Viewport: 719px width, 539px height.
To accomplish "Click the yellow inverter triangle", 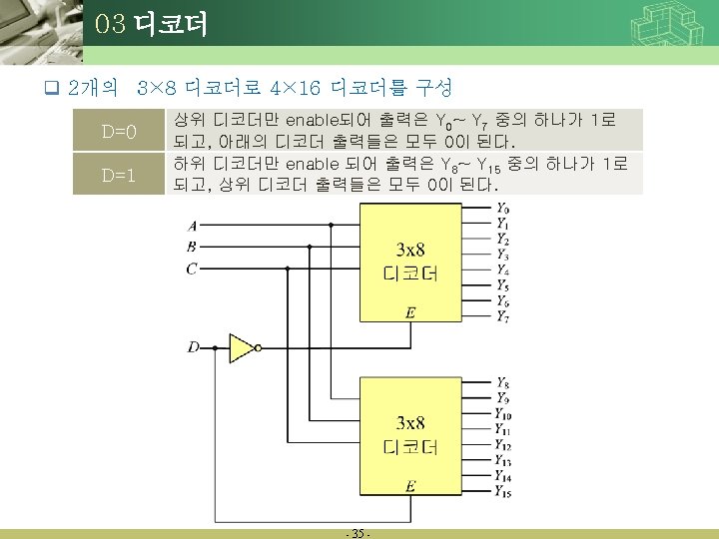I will [x=241, y=347].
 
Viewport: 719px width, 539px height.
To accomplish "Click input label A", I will [x=192, y=225].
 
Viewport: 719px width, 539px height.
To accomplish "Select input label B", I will [x=192, y=246].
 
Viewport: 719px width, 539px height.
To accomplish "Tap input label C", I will [x=192, y=268].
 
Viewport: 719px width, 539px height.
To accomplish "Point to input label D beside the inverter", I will [x=192, y=347].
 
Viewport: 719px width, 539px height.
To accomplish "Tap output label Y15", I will [x=503, y=492].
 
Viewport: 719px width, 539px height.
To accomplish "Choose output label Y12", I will [x=503, y=445].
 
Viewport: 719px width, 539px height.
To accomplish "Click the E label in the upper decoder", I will [x=410, y=313].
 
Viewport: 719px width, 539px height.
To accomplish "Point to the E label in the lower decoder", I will [x=410, y=487].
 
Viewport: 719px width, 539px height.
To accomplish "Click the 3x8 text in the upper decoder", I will [x=410, y=249].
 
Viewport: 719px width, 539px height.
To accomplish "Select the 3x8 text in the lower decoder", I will [x=410, y=421].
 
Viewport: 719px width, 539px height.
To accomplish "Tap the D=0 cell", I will [x=118, y=132].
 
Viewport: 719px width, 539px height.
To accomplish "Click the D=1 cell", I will [x=118, y=175].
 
